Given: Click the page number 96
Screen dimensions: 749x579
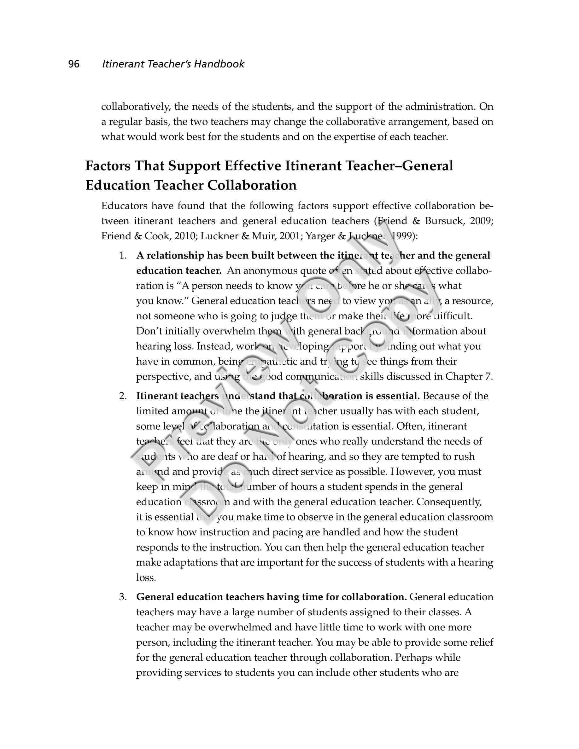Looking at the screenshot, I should coord(74,64).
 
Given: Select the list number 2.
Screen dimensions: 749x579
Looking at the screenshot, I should coord(123,396).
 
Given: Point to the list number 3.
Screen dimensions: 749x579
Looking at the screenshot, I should coord(123,597).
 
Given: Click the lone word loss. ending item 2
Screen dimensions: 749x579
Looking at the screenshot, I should coord(146,578).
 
